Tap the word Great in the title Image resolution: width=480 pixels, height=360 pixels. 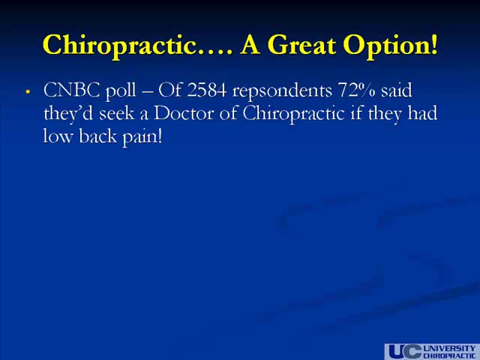pyautogui.click(x=301, y=45)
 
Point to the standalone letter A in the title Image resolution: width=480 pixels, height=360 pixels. pyautogui.click(x=250, y=46)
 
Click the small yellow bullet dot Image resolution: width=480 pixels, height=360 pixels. pyautogui.click(x=28, y=91)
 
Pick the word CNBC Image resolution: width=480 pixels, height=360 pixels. pyautogui.click(x=72, y=90)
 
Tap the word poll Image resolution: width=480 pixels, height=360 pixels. pyautogui.click(x=121, y=91)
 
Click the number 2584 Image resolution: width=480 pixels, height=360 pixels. pyautogui.click(x=207, y=90)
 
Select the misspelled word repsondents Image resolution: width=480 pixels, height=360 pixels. pyautogui.click(x=282, y=91)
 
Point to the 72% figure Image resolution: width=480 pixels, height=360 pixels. pyautogui.click(x=357, y=90)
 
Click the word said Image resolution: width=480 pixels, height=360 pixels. pyautogui.click(x=397, y=90)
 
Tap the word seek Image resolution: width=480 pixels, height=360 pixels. pyautogui.click(x=117, y=113)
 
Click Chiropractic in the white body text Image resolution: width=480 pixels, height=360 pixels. pyautogui.click(x=294, y=114)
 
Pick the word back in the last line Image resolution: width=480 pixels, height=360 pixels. pyautogui.click(x=98, y=136)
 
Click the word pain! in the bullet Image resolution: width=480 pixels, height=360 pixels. pyautogui.click(x=142, y=136)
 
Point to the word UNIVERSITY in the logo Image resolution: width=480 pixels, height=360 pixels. pyautogui.click(x=449, y=348)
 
